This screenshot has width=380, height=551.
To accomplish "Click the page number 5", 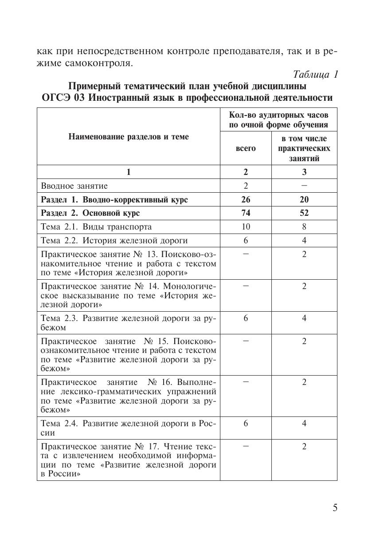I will coord(335,508).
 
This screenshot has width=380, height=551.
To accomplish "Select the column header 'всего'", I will coord(246,148).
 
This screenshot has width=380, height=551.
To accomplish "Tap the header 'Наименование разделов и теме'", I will coord(129,137).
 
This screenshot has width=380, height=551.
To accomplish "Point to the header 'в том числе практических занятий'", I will coord(304,148).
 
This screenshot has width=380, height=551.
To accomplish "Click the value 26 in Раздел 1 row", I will coord(246,199).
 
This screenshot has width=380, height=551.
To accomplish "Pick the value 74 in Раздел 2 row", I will coord(246,213).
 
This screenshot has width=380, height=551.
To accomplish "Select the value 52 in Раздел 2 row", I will coord(304,213).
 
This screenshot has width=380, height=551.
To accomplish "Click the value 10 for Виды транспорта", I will coord(246,227).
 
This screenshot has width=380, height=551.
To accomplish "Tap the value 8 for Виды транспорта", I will coord(304,227).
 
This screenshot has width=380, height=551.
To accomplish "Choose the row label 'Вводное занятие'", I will coord(74,186).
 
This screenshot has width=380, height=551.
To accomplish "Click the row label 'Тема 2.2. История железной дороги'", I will coord(114,241).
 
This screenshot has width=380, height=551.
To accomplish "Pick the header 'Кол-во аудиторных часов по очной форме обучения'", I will coord(278,119).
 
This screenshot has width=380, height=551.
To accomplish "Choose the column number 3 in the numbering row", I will coord(304,172).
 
